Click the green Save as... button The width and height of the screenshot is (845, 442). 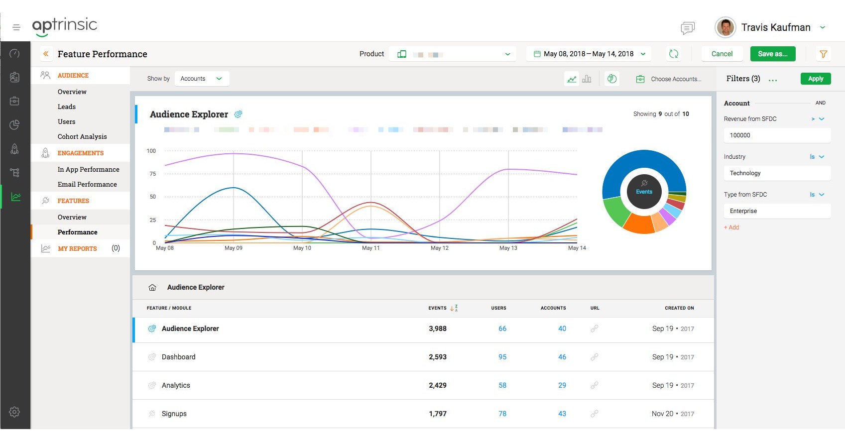click(772, 54)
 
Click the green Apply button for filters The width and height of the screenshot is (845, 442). click(815, 79)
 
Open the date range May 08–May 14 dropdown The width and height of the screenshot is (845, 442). click(589, 54)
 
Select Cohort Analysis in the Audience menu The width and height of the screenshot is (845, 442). click(82, 136)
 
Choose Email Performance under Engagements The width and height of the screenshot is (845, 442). click(87, 184)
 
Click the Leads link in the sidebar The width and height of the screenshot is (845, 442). click(67, 107)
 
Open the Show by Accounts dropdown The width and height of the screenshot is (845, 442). click(201, 79)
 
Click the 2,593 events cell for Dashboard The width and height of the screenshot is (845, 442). click(437, 357)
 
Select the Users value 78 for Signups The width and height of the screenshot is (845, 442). click(502, 414)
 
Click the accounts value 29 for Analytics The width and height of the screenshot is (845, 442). click(562, 385)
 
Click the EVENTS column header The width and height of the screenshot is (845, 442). click(437, 308)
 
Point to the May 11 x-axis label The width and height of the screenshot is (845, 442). click(370, 248)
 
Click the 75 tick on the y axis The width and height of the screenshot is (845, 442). click(153, 174)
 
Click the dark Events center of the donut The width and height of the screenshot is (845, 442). click(644, 191)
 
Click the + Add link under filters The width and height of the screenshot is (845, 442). click(731, 227)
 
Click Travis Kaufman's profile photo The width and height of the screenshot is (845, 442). click(725, 27)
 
